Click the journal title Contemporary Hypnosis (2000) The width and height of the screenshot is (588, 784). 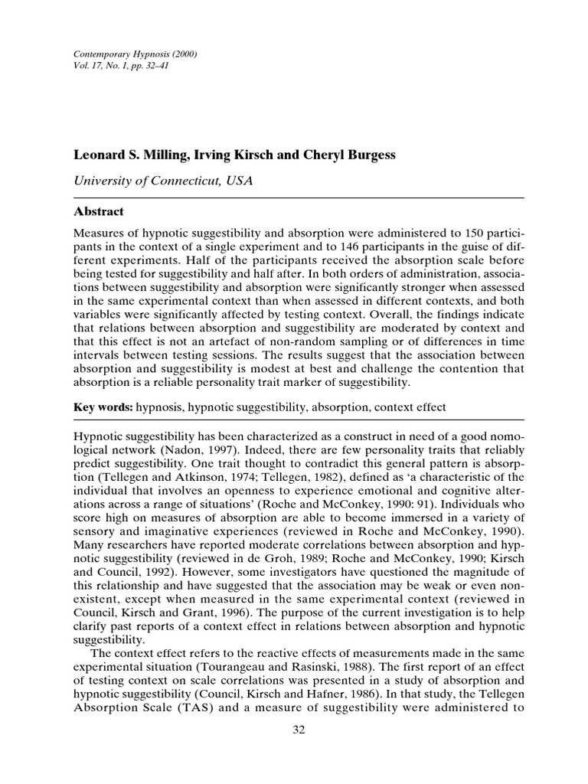click(129, 56)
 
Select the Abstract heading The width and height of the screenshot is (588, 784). click(98, 211)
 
